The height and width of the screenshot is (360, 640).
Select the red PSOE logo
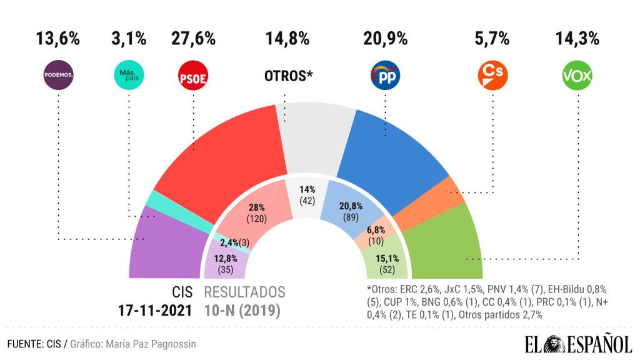193,76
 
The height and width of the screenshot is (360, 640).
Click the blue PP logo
385,76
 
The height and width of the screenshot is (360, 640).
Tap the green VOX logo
577,76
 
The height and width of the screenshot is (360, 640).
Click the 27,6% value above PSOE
193,39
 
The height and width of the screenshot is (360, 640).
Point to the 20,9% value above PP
386,39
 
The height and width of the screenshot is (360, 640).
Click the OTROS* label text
287,76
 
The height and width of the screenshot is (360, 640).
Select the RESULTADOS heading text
245,292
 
